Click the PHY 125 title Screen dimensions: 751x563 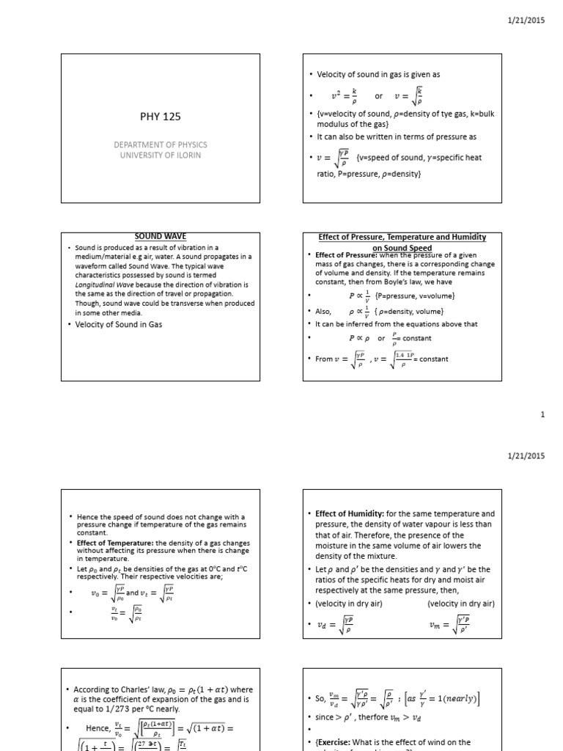point(159,116)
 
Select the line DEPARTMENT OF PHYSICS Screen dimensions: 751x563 point(159,144)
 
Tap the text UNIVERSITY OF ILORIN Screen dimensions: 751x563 point(159,155)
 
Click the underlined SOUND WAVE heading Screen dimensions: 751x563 point(159,237)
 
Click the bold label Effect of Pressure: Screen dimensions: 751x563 point(343,255)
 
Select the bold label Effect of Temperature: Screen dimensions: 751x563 point(116,543)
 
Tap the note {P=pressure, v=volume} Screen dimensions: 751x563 point(415,296)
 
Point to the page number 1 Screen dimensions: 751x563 point(542,415)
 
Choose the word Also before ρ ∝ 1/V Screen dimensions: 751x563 point(324,311)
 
